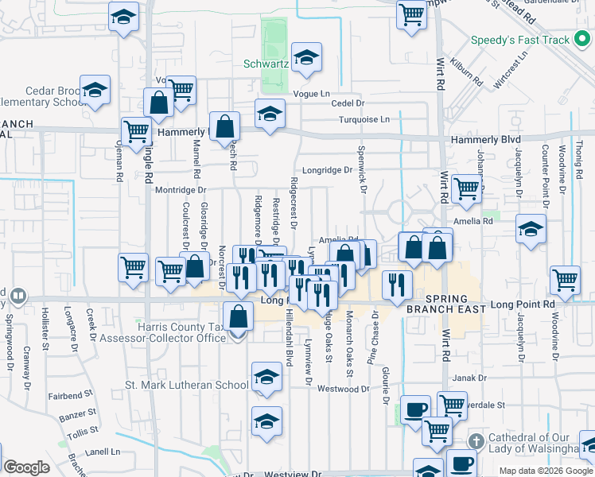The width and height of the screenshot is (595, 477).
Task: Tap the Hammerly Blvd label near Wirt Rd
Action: (x=484, y=139)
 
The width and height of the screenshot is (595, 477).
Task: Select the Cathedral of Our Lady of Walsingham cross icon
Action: (x=476, y=440)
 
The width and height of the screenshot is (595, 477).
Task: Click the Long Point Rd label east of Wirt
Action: (x=522, y=304)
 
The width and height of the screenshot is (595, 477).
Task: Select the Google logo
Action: (x=26, y=467)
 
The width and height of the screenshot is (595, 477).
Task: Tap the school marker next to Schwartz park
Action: (x=305, y=58)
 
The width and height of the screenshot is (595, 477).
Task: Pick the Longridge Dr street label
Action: (x=326, y=170)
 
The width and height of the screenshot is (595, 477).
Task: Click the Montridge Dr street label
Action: (x=180, y=191)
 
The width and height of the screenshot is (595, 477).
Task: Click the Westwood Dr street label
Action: (x=344, y=390)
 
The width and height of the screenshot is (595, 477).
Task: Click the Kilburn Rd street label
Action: (x=466, y=75)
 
